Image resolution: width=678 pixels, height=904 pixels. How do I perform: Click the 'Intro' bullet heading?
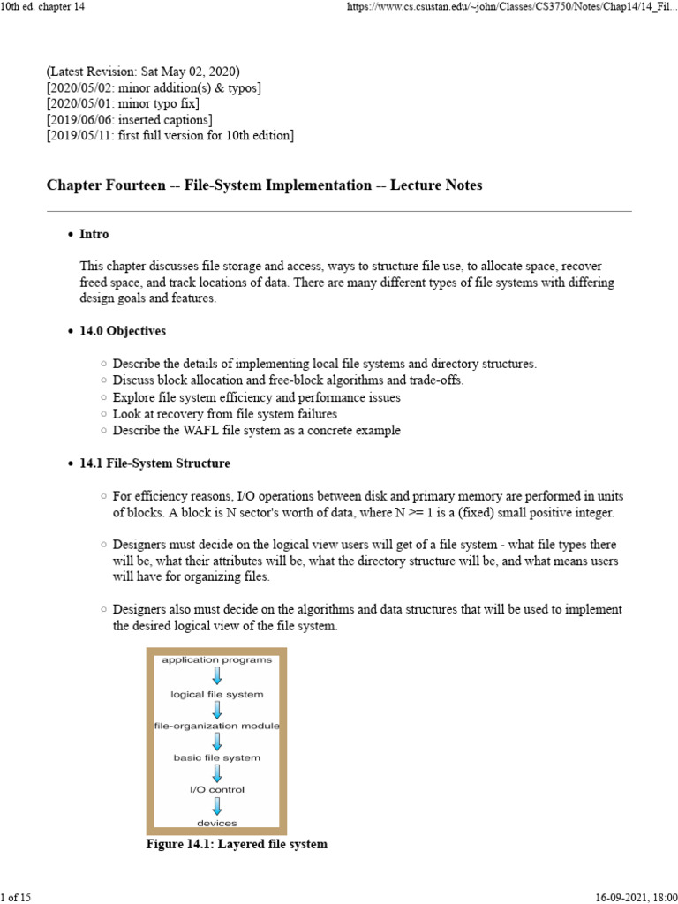click(94, 235)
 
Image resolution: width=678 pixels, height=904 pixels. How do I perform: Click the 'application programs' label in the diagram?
click(216, 659)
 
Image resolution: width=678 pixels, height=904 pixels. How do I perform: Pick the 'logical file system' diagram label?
click(216, 694)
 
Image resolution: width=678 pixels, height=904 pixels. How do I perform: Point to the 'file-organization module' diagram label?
click(216, 726)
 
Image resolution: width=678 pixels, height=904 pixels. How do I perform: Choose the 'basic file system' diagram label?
click(216, 757)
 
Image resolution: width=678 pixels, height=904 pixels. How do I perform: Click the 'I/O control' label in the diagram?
click(216, 789)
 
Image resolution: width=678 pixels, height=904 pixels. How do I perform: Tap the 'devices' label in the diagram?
click(216, 822)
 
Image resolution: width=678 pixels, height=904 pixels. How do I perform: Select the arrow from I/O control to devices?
click(217, 805)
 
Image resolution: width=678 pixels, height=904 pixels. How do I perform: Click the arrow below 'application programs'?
click(217, 676)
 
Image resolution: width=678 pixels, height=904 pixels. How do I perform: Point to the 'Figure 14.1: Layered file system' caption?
click(237, 845)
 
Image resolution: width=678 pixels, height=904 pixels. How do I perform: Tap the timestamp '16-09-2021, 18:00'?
click(629, 896)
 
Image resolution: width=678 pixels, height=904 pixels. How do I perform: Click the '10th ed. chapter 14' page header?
click(46, 8)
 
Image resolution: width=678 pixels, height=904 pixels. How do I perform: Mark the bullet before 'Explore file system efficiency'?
click(105, 398)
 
